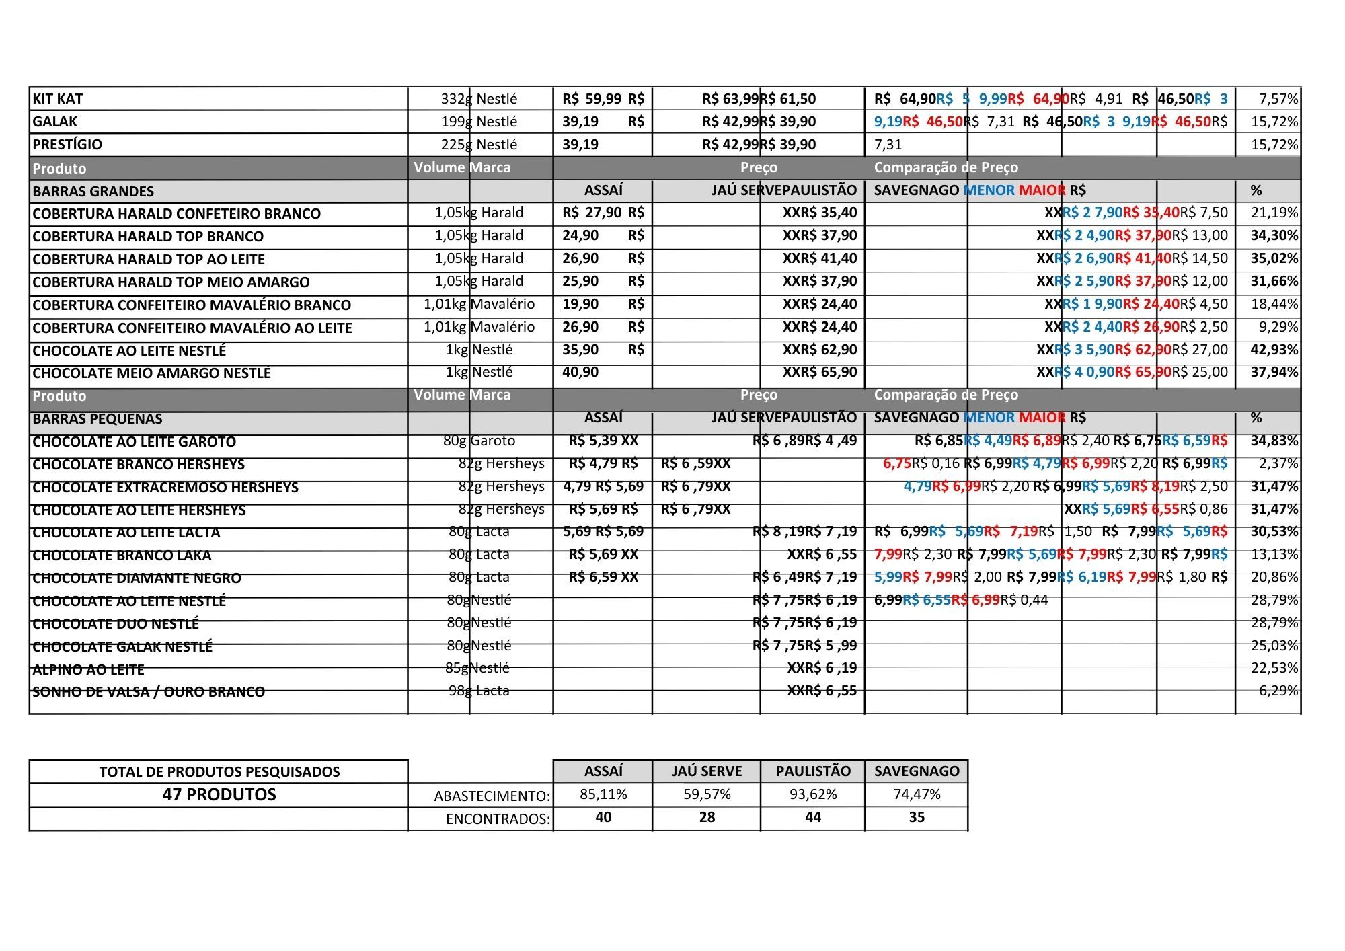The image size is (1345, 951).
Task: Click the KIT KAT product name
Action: [x=58, y=99]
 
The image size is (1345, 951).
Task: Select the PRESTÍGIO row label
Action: [x=67, y=145]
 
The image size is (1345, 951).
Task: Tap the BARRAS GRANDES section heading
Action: [x=93, y=192]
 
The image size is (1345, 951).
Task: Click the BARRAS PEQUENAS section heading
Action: [x=98, y=419]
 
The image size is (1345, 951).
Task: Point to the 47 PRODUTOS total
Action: [x=219, y=794]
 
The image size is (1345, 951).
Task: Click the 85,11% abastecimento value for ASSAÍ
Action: [x=603, y=794]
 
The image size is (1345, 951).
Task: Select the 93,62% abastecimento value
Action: [x=813, y=794]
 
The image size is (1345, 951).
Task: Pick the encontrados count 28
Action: [x=707, y=817]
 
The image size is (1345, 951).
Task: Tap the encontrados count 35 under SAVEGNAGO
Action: [x=917, y=817]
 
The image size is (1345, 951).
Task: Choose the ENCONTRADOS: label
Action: [x=498, y=819]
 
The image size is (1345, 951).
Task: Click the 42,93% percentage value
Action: [x=1274, y=350]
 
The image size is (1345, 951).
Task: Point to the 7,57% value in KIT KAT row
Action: [x=1278, y=99]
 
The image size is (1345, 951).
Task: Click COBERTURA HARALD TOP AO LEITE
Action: [x=149, y=260]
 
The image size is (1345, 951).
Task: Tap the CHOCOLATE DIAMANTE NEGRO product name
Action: [x=137, y=578]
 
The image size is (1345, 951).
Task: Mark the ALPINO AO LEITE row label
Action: [x=88, y=670]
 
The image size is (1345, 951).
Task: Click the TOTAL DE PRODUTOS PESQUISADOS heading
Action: [x=219, y=772]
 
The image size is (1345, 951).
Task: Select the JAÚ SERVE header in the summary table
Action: [x=707, y=771]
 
